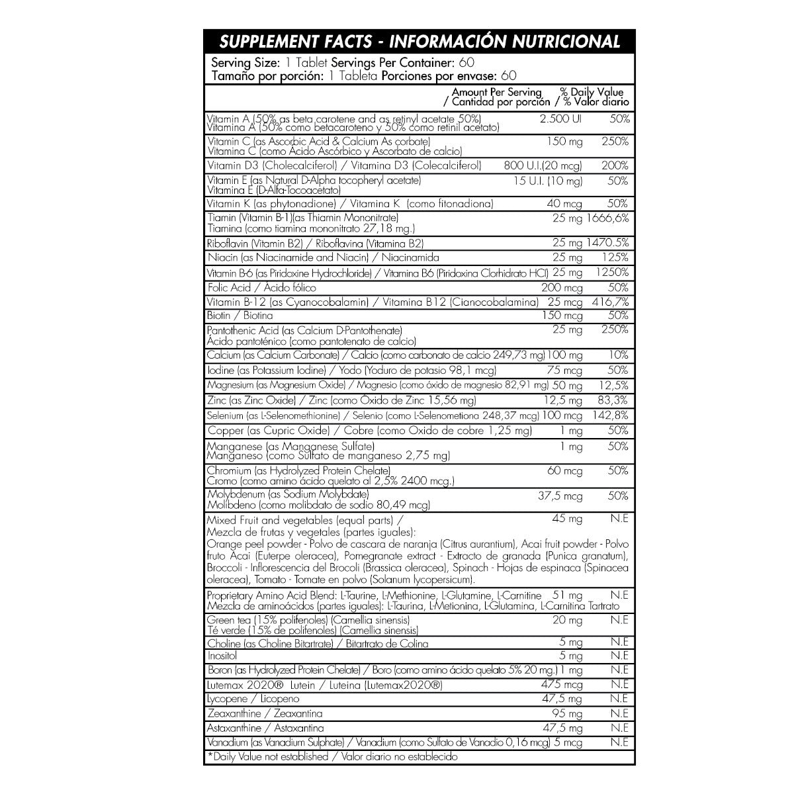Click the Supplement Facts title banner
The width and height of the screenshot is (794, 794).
[x=419, y=42]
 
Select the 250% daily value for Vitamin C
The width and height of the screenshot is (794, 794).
[x=615, y=142]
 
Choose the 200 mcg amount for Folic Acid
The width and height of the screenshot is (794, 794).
[x=562, y=288]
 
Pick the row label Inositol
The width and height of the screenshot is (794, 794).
[x=222, y=656]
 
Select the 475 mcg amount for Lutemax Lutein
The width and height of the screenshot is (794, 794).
[x=562, y=685]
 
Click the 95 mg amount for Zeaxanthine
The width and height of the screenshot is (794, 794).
[x=567, y=714]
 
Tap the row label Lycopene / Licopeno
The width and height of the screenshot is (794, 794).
[x=253, y=699]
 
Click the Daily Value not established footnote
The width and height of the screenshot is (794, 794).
[x=332, y=756]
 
